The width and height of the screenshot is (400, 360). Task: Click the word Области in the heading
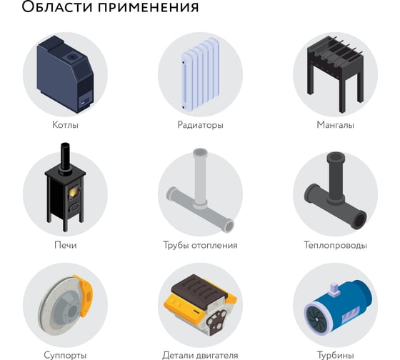(57, 6)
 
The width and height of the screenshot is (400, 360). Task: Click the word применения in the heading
(149, 7)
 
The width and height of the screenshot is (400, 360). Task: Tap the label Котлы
(65, 125)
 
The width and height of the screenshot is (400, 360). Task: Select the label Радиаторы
(200, 125)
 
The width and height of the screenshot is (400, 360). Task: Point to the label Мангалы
(335, 125)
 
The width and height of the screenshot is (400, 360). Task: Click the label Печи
(65, 245)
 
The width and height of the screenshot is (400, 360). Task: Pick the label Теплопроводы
(335, 245)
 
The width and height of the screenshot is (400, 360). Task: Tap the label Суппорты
(65, 355)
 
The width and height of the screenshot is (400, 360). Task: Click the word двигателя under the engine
(216, 355)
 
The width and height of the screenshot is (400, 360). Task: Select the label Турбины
(335, 355)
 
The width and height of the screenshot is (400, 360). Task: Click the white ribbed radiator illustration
(200, 74)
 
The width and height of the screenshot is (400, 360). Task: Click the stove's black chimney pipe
(65, 158)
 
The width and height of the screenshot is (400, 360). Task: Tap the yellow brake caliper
(85, 295)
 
